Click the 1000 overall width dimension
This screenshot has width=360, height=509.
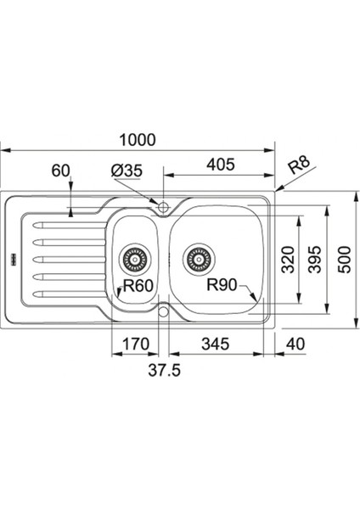138,140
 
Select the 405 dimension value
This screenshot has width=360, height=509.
221,165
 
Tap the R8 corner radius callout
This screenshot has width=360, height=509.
300,165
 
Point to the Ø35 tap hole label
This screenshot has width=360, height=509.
127,171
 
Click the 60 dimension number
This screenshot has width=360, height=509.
61,171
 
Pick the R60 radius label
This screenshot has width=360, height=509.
138,286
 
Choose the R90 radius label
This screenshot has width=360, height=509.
222,285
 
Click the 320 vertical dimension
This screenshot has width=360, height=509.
288,260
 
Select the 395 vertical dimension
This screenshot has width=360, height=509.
314,260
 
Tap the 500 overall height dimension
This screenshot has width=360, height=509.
345,260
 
